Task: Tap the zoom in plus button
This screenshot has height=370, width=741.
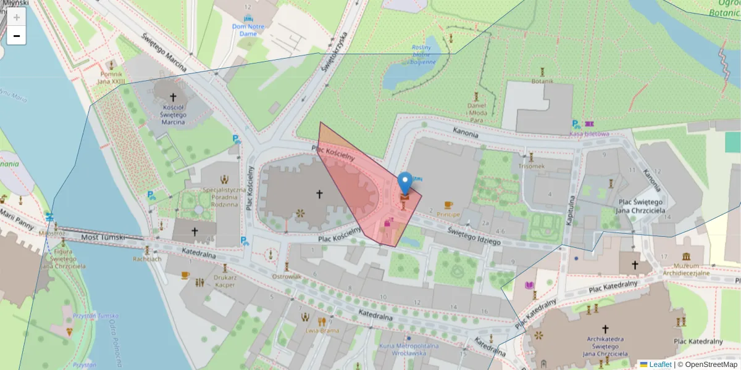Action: (17, 17)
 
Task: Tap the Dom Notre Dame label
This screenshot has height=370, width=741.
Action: (248, 30)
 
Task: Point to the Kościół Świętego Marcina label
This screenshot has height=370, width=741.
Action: (173, 114)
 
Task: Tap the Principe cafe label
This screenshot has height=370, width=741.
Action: (448, 215)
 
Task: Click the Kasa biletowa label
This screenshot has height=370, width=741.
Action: (590, 133)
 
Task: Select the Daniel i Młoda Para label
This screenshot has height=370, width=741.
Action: (476, 109)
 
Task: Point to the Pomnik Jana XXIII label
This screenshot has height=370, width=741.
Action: (111, 77)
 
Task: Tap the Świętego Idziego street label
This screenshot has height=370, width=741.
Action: (474, 236)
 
